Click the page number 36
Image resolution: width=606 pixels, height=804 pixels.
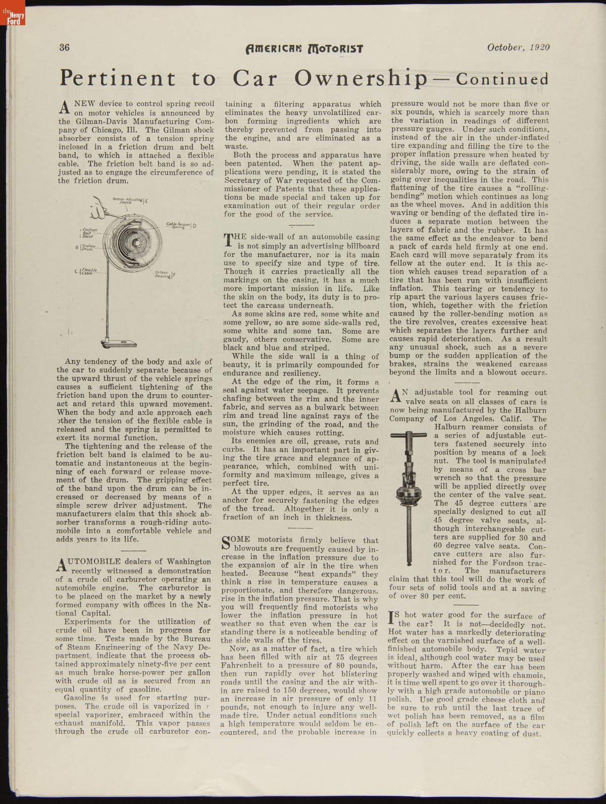(64, 48)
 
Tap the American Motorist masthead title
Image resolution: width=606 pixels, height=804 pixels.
(304, 49)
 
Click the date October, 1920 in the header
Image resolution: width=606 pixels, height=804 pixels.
(518, 48)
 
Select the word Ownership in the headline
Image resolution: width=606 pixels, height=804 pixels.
(360, 79)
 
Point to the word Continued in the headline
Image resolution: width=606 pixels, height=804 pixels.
(502, 79)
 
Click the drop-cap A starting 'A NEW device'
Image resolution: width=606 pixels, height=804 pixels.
(64, 106)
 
